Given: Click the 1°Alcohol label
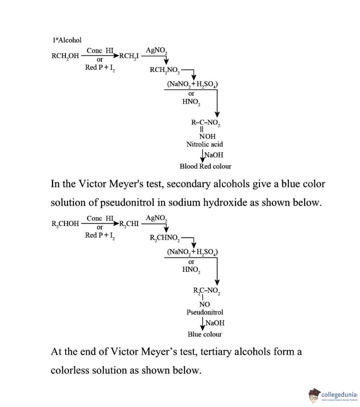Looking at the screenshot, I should pyautogui.click(x=67, y=40).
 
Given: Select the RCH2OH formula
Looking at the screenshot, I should pyautogui.click(x=65, y=56).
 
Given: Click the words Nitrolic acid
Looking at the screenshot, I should pyautogui.click(x=205, y=144).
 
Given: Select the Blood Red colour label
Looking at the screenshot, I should pyautogui.click(x=205, y=166).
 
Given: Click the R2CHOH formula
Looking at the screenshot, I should pyautogui.click(x=65, y=223).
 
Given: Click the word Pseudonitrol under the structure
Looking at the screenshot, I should pyautogui.click(x=205, y=312).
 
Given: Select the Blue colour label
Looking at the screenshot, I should pyautogui.click(x=205, y=334).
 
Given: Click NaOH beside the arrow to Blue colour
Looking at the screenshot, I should pyautogui.click(x=215, y=323).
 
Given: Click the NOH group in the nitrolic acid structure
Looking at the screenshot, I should pyautogui.click(x=207, y=136).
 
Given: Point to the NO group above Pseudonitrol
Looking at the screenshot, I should pyautogui.click(x=205, y=304).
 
